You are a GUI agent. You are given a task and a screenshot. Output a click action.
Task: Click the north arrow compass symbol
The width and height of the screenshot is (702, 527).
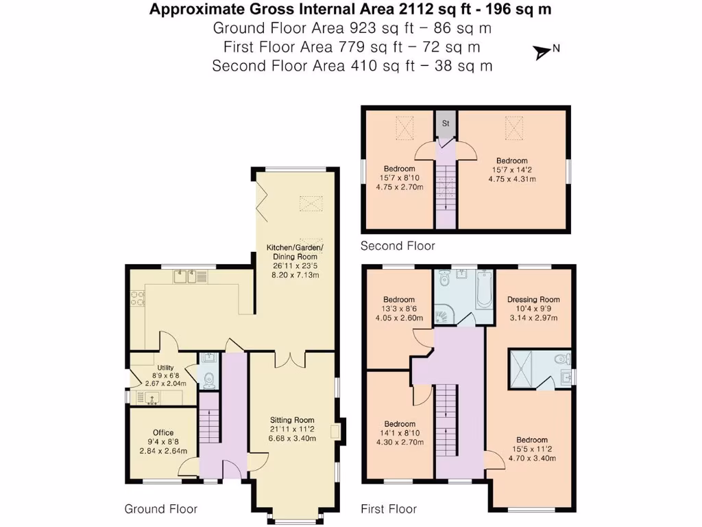point(543,51)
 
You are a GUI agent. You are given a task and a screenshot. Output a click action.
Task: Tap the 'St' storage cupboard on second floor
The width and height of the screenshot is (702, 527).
point(445,124)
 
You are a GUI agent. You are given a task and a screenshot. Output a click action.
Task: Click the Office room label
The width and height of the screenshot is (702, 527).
point(163,432)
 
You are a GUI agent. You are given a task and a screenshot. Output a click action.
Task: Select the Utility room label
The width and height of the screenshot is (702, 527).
point(165,368)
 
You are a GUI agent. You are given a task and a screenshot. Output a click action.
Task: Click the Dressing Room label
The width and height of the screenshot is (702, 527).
point(533,299)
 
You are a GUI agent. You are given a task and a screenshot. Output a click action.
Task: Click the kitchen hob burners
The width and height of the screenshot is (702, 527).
point(137,297)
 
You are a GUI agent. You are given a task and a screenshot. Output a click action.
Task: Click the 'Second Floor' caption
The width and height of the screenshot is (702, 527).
point(398,246)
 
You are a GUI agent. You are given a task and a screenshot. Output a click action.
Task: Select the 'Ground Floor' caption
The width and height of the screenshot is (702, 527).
point(160,508)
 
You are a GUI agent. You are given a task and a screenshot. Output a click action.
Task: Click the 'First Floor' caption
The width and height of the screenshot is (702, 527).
point(389,508)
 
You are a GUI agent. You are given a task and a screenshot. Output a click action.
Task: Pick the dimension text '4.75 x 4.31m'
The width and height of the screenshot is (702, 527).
point(511,179)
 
